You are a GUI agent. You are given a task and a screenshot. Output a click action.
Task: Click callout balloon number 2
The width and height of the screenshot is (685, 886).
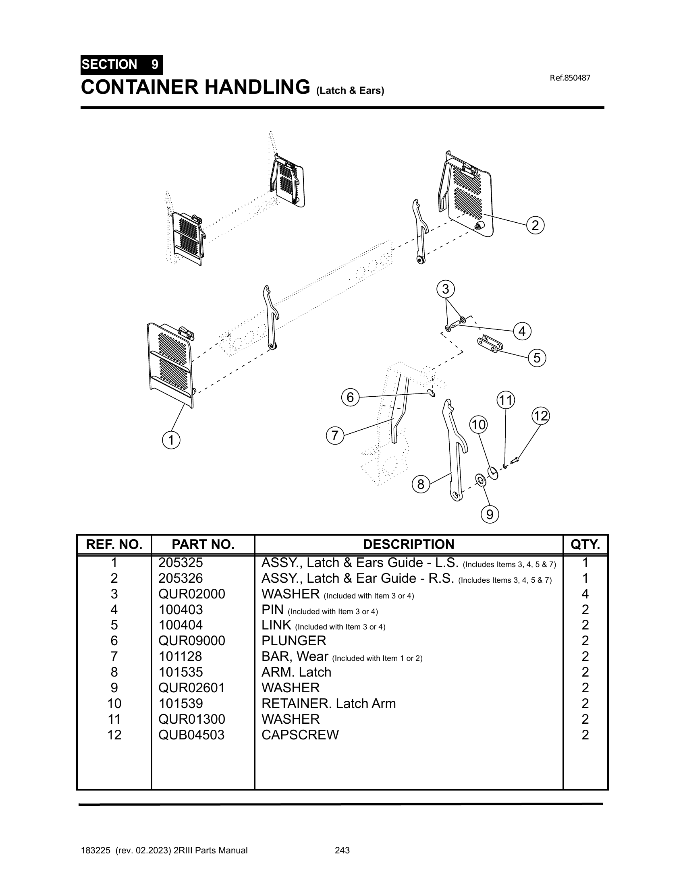pos(535,225)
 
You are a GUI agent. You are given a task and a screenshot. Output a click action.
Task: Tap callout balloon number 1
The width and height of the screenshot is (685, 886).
pos(171,440)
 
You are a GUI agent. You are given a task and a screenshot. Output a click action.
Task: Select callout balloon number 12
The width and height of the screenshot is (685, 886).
pos(540,416)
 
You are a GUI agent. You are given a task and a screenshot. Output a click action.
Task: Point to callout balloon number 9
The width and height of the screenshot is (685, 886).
pos(490,514)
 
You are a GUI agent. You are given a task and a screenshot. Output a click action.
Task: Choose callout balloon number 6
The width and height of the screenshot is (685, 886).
pos(350,397)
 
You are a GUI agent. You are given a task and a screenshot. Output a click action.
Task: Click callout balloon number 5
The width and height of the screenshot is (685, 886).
pos(537,358)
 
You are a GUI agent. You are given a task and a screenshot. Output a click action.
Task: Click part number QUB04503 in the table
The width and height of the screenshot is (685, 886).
pos(191,735)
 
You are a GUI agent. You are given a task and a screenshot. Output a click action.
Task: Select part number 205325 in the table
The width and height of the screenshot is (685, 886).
pos(181,563)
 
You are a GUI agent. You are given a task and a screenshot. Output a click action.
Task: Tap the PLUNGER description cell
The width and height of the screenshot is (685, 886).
pos(294,641)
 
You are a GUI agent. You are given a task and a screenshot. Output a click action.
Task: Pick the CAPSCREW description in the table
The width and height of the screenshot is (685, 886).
pos(300,735)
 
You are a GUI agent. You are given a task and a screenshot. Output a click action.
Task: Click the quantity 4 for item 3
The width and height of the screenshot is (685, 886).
pos(585,594)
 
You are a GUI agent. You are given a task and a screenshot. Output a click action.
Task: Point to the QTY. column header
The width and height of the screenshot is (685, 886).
pos(585,544)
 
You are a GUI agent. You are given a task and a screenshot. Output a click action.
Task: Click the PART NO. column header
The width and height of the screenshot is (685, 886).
pos(203,544)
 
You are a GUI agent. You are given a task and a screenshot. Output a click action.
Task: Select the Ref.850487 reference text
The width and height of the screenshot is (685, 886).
pos(570,78)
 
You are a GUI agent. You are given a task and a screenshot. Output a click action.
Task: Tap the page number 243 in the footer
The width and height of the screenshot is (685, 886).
pos(342,850)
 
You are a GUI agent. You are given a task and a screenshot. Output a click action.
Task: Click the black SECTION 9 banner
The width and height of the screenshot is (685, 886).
pos(122,64)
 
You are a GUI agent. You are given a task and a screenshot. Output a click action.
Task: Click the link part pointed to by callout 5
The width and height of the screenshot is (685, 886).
pos(490,344)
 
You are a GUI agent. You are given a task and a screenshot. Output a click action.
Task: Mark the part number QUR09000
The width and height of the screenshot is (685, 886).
pos(191,641)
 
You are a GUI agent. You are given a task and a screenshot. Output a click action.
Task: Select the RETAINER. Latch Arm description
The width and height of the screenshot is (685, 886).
pos(328,704)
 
